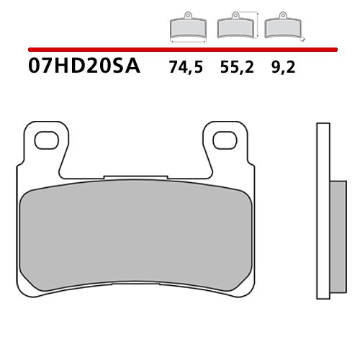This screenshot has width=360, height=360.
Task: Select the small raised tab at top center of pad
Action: coord(135,176)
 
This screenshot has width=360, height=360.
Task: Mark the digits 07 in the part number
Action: coord(40,68)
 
